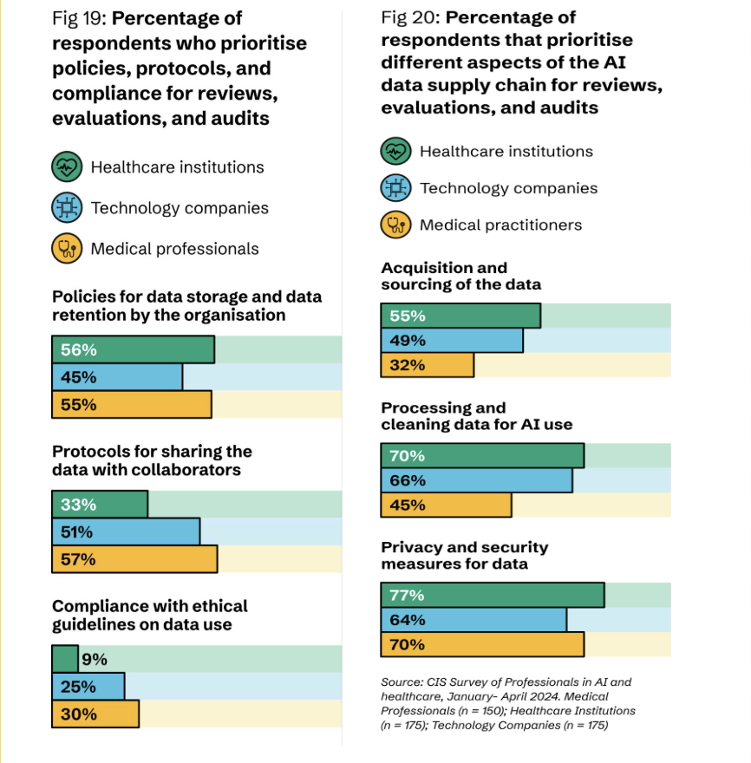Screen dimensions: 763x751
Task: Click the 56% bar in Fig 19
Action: (x=133, y=349)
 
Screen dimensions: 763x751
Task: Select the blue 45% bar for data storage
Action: (x=117, y=377)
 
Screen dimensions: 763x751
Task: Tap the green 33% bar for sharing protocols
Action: (x=100, y=505)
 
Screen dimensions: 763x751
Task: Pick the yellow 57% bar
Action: (x=134, y=559)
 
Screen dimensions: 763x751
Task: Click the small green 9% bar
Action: (x=65, y=659)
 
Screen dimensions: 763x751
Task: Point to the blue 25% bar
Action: (x=88, y=687)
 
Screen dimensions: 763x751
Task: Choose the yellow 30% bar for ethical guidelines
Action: (x=95, y=714)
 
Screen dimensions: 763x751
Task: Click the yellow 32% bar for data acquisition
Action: (x=428, y=365)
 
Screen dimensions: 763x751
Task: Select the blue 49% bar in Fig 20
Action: (x=452, y=340)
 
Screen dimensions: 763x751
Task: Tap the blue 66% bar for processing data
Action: (x=477, y=480)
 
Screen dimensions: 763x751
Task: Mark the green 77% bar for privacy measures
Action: (x=493, y=595)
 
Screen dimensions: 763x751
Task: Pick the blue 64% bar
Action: (x=473, y=620)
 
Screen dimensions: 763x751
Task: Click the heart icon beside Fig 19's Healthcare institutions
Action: (x=67, y=166)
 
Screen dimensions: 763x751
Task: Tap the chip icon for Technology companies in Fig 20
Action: (x=396, y=187)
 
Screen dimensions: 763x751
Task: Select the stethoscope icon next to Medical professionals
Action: (x=67, y=249)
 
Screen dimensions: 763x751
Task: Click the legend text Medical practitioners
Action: (x=500, y=225)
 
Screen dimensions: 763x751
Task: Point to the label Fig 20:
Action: (x=410, y=16)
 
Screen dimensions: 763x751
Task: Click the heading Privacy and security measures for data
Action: (x=465, y=555)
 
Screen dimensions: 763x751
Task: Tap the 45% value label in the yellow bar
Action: (x=408, y=505)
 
